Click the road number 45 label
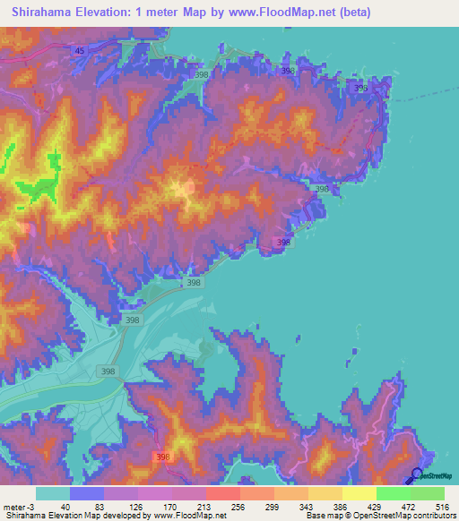point(80,51)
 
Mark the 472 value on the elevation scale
point(403,507)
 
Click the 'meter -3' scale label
point(17,507)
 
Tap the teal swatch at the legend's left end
point(53,493)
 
